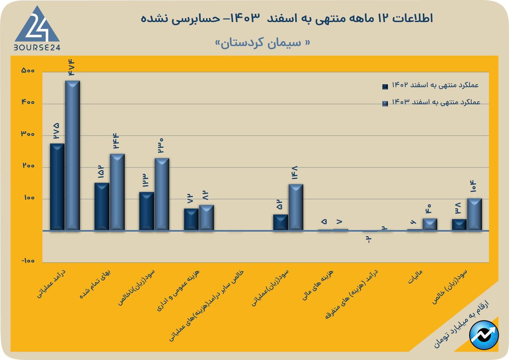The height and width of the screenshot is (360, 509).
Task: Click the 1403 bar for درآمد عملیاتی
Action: pos(72,155)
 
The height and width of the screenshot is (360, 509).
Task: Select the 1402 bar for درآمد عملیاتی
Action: pos(57,187)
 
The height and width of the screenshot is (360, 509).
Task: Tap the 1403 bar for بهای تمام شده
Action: pos(117,192)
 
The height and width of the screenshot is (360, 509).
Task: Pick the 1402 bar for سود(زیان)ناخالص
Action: pos(146,211)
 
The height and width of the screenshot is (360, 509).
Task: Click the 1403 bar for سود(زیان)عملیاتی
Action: pos(296,207)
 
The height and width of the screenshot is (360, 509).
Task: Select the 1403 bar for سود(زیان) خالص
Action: pos(474,214)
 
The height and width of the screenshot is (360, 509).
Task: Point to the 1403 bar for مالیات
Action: pos(430,224)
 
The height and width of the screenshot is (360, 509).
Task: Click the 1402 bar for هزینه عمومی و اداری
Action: pos(191,219)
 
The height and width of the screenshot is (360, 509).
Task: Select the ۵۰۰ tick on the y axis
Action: pos(28,70)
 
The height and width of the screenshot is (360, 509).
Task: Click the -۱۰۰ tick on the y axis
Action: pos(28,261)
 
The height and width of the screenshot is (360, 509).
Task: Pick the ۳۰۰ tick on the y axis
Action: pos(28,134)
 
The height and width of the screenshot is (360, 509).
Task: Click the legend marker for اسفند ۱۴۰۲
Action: pos(385,87)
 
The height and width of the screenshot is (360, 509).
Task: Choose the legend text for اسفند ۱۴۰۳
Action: pos(436,102)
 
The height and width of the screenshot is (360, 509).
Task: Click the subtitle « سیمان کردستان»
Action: pos(262,43)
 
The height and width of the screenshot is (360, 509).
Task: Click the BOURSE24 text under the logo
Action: pos(37,47)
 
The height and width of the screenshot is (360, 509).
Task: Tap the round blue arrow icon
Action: pos(484,335)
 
